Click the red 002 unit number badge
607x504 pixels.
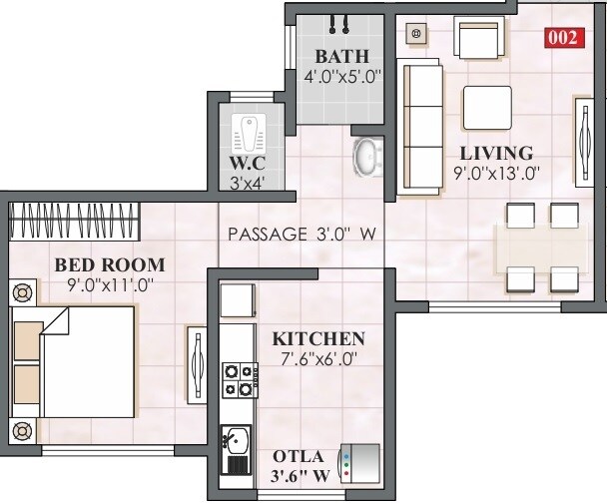(562, 39)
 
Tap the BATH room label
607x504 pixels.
(342, 56)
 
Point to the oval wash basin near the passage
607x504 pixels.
(367, 157)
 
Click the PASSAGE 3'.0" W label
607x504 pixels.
(301, 235)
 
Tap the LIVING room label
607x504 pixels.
(495, 153)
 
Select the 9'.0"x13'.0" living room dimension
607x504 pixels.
(495, 172)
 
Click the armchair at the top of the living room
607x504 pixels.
(477, 40)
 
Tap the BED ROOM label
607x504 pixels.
(96, 264)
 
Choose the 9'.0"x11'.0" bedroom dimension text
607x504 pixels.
(96, 283)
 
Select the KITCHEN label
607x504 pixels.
(318, 338)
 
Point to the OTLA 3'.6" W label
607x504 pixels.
(301, 466)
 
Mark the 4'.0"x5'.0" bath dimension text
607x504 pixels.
(342, 76)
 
